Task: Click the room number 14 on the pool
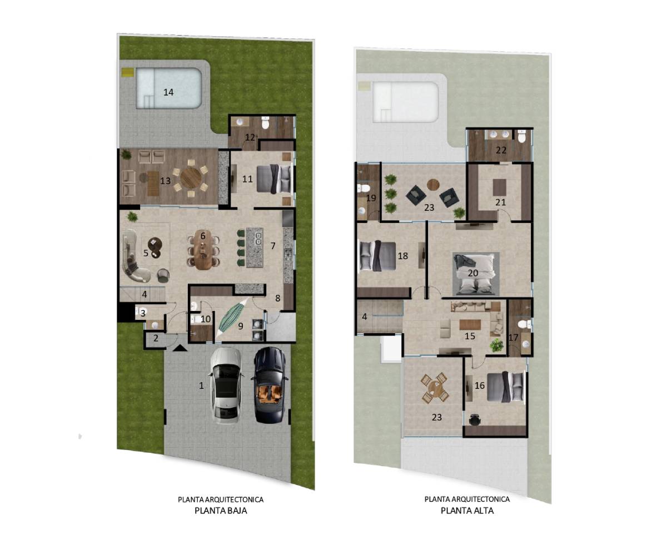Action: (x=168, y=92)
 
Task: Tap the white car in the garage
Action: (x=226, y=385)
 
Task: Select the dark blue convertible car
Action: (x=270, y=385)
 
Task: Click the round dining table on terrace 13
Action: (x=191, y=178)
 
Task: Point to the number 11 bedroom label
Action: (x=247, y=179)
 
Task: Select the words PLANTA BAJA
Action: (x=221, y=511)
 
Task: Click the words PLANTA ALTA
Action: (x=467, y=511)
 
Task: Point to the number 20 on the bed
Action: (x=473, y=273)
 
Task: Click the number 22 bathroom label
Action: (x=501, y=150)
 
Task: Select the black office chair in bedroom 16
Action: (x=475, y=420)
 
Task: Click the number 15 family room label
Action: (x=470, y=336)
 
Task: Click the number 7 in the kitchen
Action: (x=273, y=246)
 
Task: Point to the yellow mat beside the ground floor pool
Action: (x=127, y=73)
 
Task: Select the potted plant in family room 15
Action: (x=496, y=345)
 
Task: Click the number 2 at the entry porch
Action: (x=156, y=338)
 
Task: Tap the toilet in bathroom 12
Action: (x=265, y=124)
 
